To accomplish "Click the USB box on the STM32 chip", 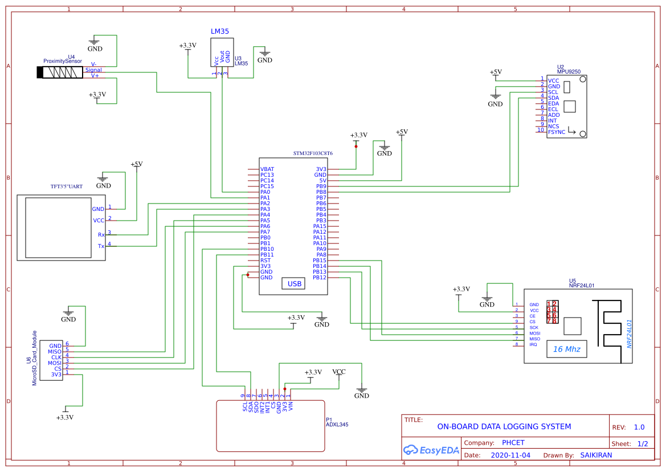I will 294,284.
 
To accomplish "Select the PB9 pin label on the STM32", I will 321,186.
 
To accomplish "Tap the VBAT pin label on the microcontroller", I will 267,169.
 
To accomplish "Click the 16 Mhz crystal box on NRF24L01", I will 566,349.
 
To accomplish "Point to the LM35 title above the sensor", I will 220,31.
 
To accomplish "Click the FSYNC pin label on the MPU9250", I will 557,132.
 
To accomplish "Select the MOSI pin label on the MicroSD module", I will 55,363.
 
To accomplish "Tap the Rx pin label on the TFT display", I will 101,235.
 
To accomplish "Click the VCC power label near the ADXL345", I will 339,372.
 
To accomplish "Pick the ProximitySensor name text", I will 67,61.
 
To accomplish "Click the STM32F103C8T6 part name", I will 313,154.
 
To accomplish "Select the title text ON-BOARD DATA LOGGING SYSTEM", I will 504,426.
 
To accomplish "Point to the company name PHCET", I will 513,443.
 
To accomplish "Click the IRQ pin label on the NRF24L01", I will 533,345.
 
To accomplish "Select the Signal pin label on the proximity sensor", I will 93,70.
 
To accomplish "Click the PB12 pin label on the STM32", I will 320,278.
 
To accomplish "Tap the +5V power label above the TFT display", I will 137,164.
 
